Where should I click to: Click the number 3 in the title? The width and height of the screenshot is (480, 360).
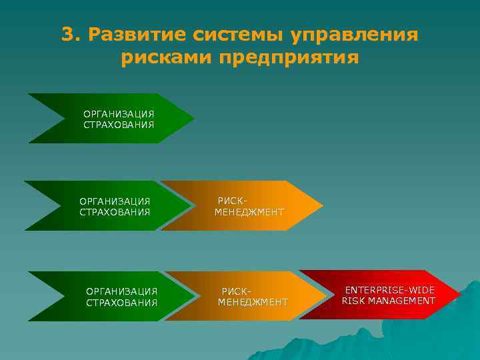(67, 35)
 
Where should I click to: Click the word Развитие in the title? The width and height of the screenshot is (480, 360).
(131, 35)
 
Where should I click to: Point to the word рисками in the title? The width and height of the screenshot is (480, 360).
(167, 58)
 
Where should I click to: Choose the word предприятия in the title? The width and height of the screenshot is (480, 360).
(289, 58)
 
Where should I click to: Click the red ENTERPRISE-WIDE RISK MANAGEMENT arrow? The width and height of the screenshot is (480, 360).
(380, 295)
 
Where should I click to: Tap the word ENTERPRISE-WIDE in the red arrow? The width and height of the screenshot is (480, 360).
(389, 290)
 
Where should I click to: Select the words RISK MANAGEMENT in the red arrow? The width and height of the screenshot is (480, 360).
(389, 301)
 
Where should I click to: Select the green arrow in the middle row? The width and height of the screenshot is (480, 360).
(107, 206)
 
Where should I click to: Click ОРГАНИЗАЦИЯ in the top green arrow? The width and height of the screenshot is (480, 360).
(119, 114)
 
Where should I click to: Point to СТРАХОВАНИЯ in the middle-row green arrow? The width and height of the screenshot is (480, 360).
(115, 212)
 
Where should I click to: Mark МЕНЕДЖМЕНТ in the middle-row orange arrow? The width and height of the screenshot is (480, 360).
(249, 212)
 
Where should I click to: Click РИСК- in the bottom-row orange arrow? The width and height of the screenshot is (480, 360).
(237, 291)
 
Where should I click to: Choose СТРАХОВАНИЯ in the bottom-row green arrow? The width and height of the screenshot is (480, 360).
(122, 302)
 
